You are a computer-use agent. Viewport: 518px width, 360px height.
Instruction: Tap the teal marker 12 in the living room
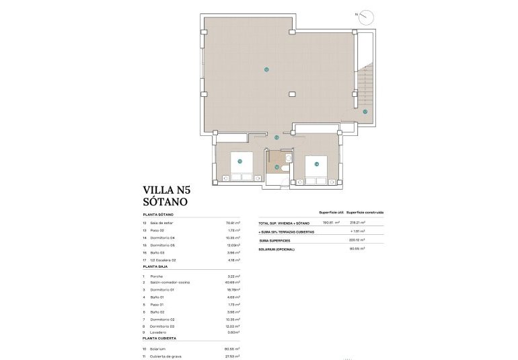point(267,69)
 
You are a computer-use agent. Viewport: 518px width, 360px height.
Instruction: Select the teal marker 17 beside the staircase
point(365,112)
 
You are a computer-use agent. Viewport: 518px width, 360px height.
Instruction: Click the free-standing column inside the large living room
point(291,94)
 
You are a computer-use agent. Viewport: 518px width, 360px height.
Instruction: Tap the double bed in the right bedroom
point(317,168)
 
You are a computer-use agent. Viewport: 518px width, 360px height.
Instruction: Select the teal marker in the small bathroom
point(276,167)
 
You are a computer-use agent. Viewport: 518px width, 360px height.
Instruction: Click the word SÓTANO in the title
point(165,201)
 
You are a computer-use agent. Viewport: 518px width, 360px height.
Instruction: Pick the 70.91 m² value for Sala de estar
point(233,223)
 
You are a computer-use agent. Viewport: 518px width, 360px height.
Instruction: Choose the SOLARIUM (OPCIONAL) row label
point(276,249)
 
